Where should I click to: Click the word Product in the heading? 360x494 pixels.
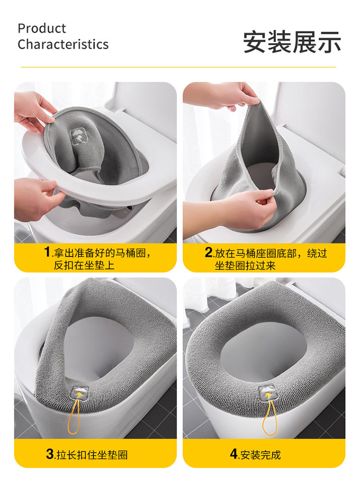(42, 28)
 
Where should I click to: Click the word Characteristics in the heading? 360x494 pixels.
(63, 45)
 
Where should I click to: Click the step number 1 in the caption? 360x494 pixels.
(47, 252)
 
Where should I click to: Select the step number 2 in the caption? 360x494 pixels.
(208, 252)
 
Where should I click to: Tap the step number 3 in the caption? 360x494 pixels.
(50, 454)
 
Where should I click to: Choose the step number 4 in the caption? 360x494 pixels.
(234, 454)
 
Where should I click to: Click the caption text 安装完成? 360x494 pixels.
(261, 454)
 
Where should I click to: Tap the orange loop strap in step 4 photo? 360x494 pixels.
(270, 418)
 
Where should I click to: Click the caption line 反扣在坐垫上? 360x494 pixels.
(84, 265)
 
